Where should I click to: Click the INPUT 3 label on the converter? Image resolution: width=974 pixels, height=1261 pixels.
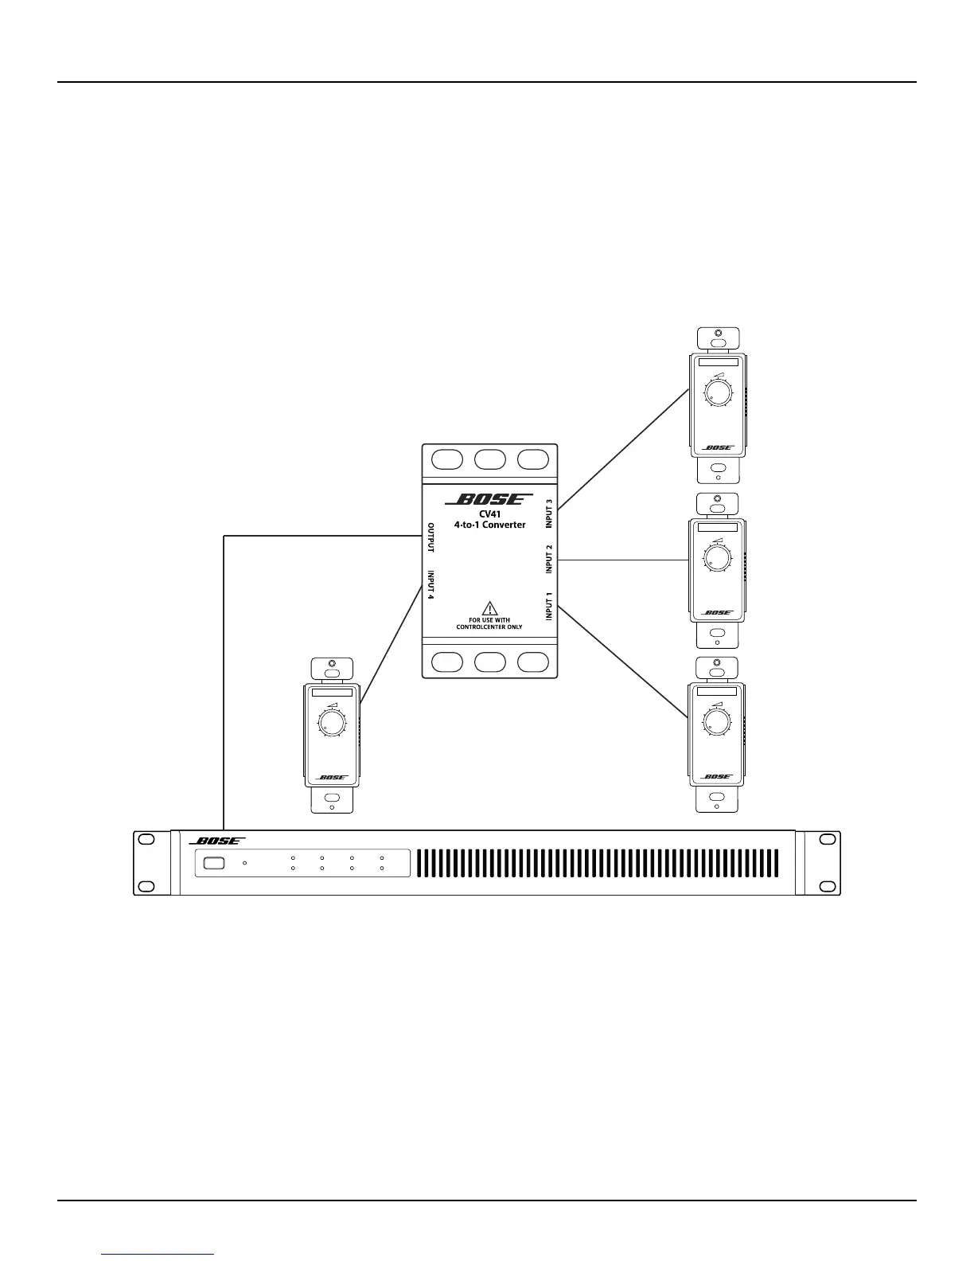pyautogui.click(x=549, y=514)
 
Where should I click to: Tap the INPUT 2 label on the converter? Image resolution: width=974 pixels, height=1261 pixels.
pyautogui.click(x=549, y=560)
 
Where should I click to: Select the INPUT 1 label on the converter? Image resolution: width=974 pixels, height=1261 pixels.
pyautogui.click(x=549, y=607)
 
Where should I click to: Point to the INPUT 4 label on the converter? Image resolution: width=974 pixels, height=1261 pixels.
pyautogui.click(x=431, y=584)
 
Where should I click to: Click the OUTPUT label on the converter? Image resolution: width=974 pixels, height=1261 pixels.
pyautogui.click(x=431, y=537)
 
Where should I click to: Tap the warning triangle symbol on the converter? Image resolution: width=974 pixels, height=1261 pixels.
pyautogui.click(x=489, y=607)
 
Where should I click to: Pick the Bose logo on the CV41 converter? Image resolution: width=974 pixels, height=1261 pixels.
pyautogui.click(x=489, y=500)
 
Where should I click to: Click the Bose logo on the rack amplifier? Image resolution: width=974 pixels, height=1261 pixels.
pyautogui.click(x=217, y=841)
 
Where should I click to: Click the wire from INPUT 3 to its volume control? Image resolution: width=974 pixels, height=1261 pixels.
pyautogui.click(x=623, y=450)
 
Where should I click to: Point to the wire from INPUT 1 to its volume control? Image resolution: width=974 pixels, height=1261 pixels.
pyautogui.click(x=623, y=662)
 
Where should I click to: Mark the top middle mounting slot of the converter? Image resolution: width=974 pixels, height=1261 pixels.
pyautogui.click(x=490, y=459)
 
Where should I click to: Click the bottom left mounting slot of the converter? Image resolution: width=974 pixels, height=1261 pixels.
pyautogui.click(x=446, y=662)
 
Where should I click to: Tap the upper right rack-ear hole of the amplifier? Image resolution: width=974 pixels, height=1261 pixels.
pyautogui.click(x=828, y=839)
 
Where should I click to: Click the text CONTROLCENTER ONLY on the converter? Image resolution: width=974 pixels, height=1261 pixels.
pyautogui.click(x=489, y=627)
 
